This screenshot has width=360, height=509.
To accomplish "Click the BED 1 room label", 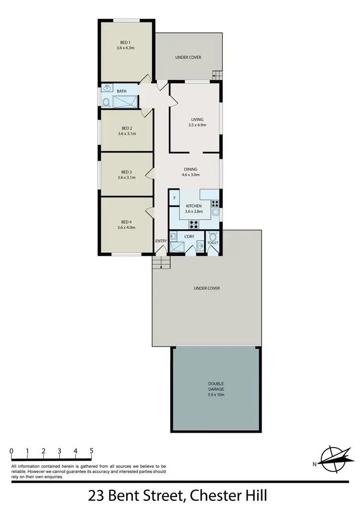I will tap(126, 42).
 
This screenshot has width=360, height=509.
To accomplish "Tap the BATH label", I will tap(122, 91).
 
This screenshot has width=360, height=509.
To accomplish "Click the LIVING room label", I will tap(197, 119).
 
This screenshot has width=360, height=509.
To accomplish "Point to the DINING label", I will tap(191, 169).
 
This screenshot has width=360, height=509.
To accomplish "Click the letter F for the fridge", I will tap(174, 198).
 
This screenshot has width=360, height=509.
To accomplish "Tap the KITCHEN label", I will tap(194, 206).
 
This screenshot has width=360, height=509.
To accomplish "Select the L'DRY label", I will tap(189, 237).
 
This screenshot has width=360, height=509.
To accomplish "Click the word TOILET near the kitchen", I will tap(213, 243).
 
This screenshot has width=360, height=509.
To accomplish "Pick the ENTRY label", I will tap(160, 241).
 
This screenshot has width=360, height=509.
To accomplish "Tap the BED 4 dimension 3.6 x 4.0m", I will tap(126, 227).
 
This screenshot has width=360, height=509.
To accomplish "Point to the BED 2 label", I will tap(126, 128).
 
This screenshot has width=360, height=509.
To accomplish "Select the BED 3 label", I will tap(126, 172).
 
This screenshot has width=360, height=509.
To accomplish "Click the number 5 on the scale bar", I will tap(91, 451).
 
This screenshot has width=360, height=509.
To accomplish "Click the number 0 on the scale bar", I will tap(11, 451).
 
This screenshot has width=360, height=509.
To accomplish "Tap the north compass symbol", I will tap(333, 459).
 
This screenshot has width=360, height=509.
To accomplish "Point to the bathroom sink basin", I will tap(107, 88).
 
